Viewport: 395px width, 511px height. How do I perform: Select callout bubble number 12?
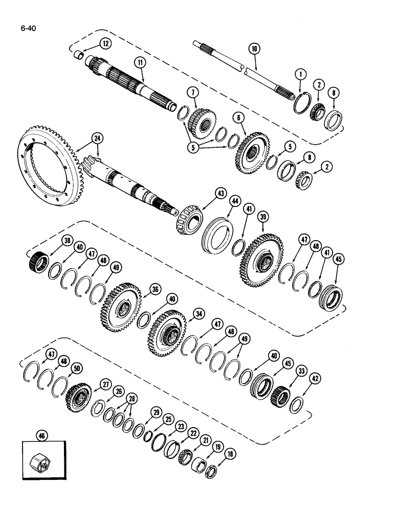tap(104, 44)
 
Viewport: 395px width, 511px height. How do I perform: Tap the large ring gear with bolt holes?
tap(51, 169)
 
